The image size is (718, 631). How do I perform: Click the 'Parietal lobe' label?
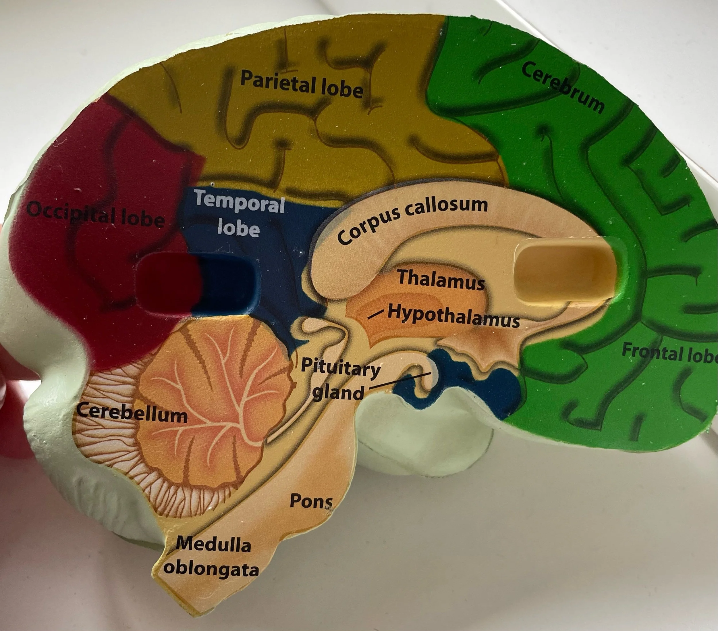tap(301, 84)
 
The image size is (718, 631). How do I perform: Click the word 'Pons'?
tap(310, 501)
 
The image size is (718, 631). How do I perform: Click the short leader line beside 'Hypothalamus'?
tap(375, 314)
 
